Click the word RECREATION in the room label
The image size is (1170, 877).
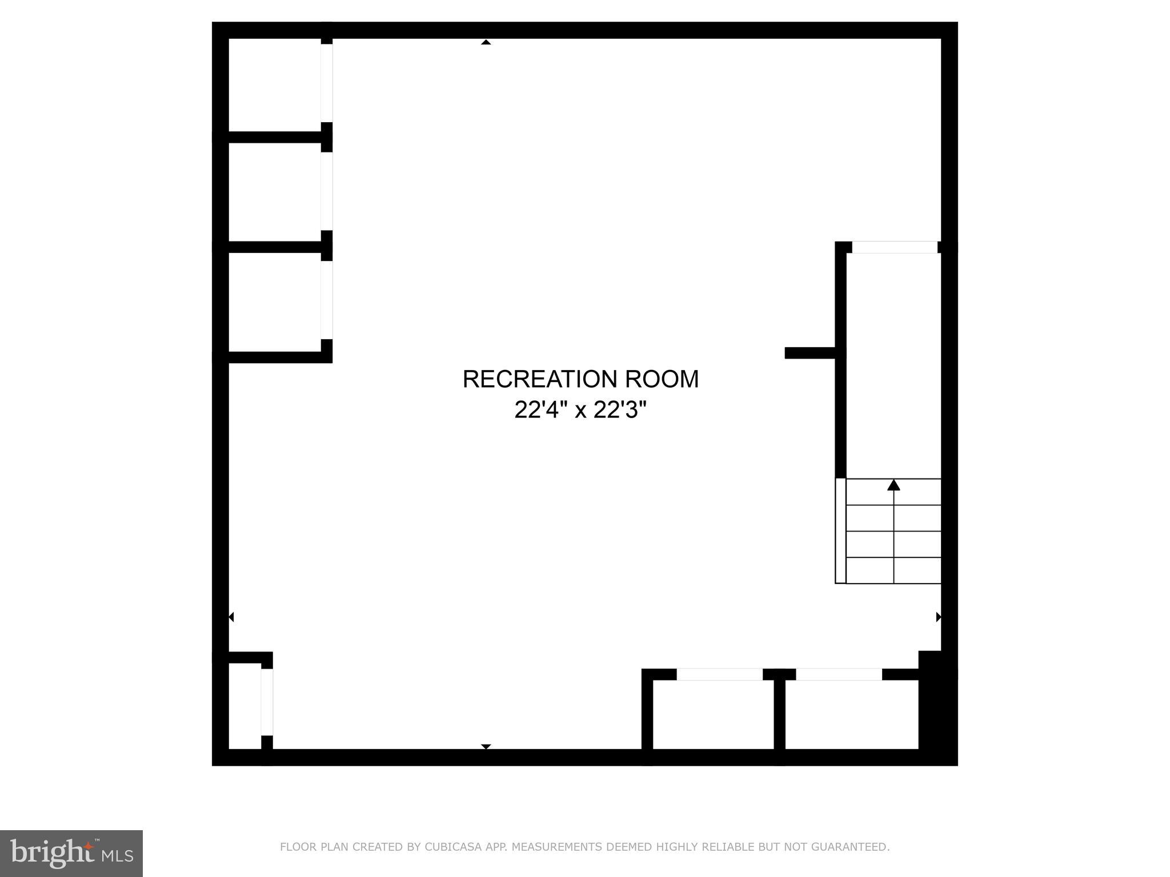pyautogui.click(x=540, y=379)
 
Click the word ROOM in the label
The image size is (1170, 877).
pyautogui.click(x=662, y=379)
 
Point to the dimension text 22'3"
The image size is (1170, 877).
pyautogui.click(x=620, y=409)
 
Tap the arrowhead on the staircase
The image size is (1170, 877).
pyautogui.click(x=893, y=485)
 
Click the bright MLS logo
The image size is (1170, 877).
pyautogui.click(x=71, y=853)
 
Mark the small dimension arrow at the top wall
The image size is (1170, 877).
pyautogui.click(x=486, y=42)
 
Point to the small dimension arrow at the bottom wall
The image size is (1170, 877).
pyautogui.click(x=486, y=746)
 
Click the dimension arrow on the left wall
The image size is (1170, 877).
pyautogui.click(x=231, y=617)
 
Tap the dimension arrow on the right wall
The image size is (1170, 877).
pyautogui.click(x=938, y=617)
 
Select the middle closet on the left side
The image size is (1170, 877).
pyautogui.click(x=275, y=192)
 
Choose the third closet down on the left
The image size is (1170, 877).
pyautogui.click(x=275, y=301)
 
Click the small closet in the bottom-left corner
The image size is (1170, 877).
pyautogui.click(x=245, y=706)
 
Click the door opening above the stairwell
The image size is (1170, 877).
pyautogui.click(x=895, y=247)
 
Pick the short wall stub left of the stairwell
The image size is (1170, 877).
pyautogui.click(x=810, y=353)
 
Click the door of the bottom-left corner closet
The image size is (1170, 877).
pyautogui.click(x=267, y=702)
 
